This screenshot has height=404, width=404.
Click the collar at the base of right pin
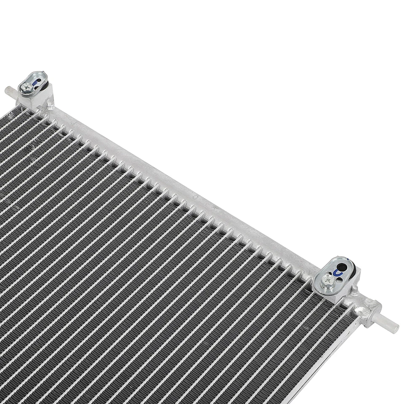coord(370,314)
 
